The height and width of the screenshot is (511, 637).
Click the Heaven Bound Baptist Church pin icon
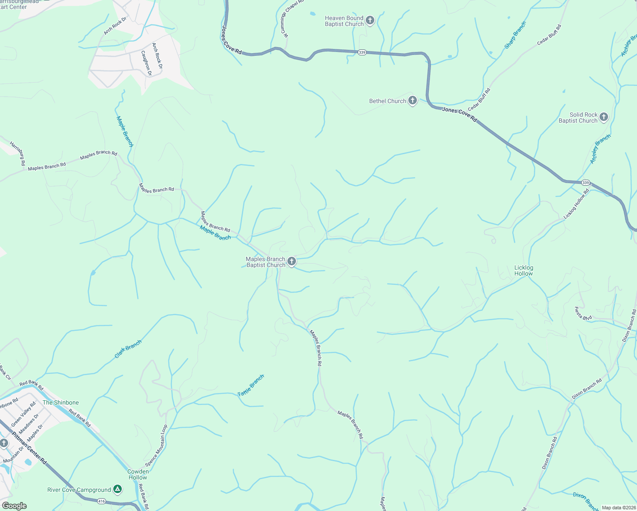(x=370, y=20)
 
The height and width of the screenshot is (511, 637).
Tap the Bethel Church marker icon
(x=412, y=100)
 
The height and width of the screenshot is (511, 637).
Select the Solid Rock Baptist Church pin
(x=603, y=117)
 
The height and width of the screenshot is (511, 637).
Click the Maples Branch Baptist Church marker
(x=291, y=261)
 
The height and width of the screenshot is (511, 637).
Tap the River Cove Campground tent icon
(x=118, y=489)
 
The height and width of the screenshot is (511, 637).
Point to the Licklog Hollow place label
(x=523, y=270)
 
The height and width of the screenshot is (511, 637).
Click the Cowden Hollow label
(x=138, y=474)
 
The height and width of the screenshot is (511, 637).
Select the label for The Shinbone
(x=60, y=402)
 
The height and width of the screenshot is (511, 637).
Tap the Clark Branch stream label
(x=128, y=349)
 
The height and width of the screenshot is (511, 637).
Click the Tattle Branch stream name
(x=251, y=385)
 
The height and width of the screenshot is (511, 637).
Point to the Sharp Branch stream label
(x=515, y=35)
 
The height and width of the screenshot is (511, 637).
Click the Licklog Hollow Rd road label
(x=576, y=204)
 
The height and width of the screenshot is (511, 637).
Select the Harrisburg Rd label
(x=17, y=153)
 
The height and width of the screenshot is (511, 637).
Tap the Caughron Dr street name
(x=146, y=63)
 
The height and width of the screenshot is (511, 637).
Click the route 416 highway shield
(x=102, y=502)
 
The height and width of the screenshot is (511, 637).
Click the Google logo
(x=14, y=505)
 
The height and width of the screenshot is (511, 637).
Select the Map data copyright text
(x=618, y=508)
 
